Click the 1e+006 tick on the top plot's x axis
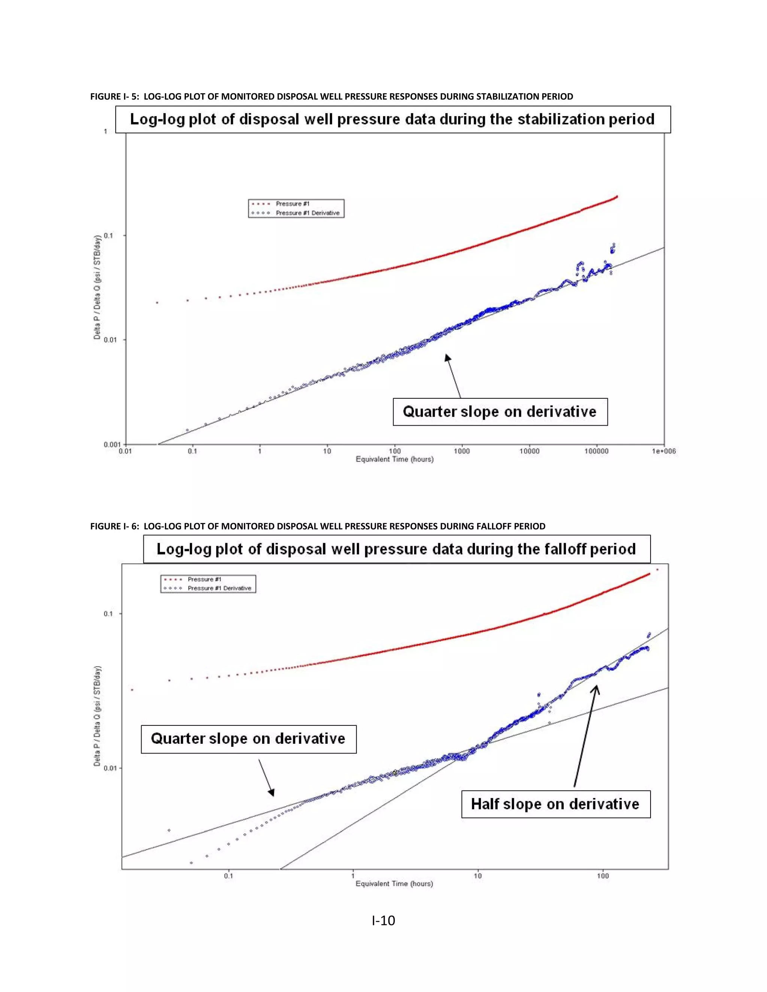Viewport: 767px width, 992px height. (x=664, y=451)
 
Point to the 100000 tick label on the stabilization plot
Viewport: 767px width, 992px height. (x=596, y=451)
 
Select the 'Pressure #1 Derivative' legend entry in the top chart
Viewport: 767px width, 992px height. (x=307, y=213)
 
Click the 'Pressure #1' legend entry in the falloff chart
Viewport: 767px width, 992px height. (x=204, y=579)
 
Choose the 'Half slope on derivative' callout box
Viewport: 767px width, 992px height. (x=555, y=804)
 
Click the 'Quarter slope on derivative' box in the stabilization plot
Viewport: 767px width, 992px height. (x=500, y=411)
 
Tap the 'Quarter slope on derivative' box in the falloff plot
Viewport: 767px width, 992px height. (x=248, y=739)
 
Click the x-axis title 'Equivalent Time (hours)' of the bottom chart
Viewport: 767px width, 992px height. (x=394, y=883)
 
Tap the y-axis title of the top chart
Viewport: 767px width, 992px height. (x=97, y=287)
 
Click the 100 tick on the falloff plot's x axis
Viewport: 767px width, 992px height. (x=603, y=876)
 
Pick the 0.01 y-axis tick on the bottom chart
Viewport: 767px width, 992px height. (x=110, y=768)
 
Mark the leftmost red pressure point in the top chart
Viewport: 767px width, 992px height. (x=157, y=302)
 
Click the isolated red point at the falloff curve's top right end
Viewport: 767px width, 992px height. (x=657, y=569)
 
